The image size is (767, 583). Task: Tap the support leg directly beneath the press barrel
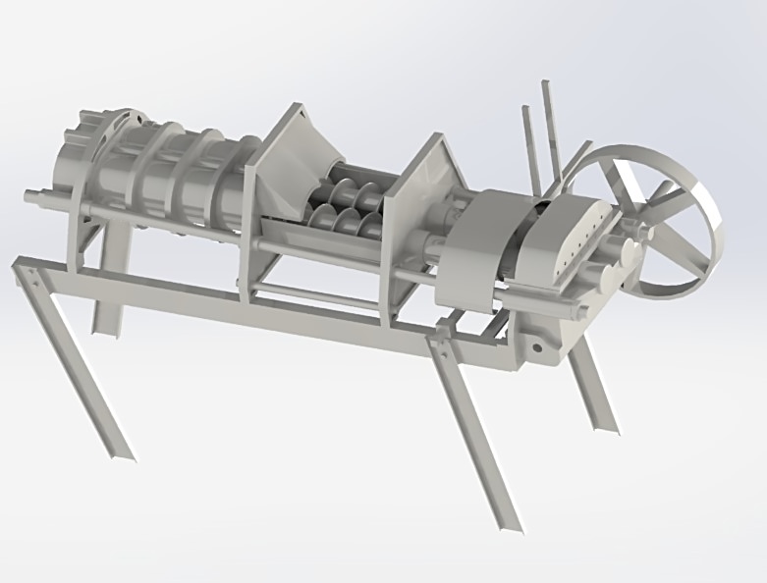pos(108,294)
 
